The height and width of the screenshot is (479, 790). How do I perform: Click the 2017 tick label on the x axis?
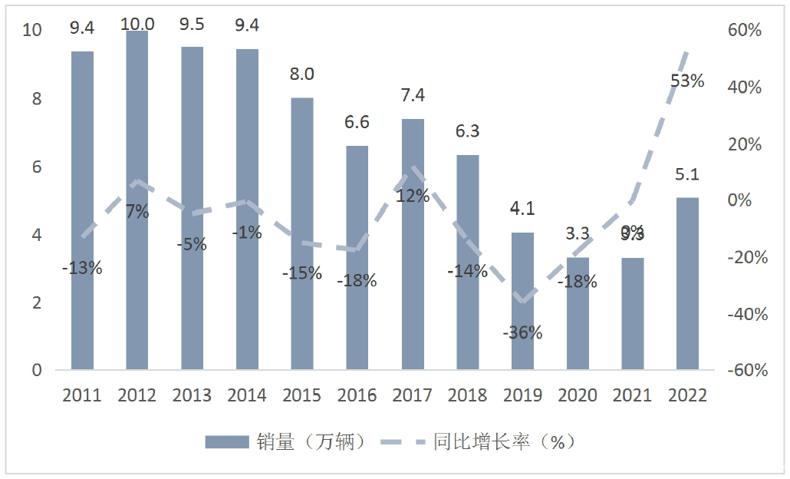[x=412, y=395]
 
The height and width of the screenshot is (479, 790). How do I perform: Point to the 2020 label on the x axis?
[x=578, y=395]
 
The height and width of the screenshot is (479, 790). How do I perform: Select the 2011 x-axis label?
[x=82, y=395]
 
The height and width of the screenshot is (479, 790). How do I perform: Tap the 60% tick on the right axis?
[x=743, y=31]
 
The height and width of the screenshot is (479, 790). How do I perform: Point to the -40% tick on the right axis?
[x=743, y=314]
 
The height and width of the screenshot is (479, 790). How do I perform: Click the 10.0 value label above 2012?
[x=137, y=24]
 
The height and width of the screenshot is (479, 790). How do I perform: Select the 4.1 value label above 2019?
[x=522, y=208]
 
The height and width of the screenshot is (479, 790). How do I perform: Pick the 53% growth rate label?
[x=686, y=81]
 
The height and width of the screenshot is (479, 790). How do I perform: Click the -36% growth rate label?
[x=522, y=332]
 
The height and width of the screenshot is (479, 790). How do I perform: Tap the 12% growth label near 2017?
[x=413, y=196]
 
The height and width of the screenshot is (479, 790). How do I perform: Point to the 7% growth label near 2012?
[x=137, y=213]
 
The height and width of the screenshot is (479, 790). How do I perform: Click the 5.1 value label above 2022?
[x=687, y=174]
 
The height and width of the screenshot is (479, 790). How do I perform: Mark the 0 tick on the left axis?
[x=36, y=371]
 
